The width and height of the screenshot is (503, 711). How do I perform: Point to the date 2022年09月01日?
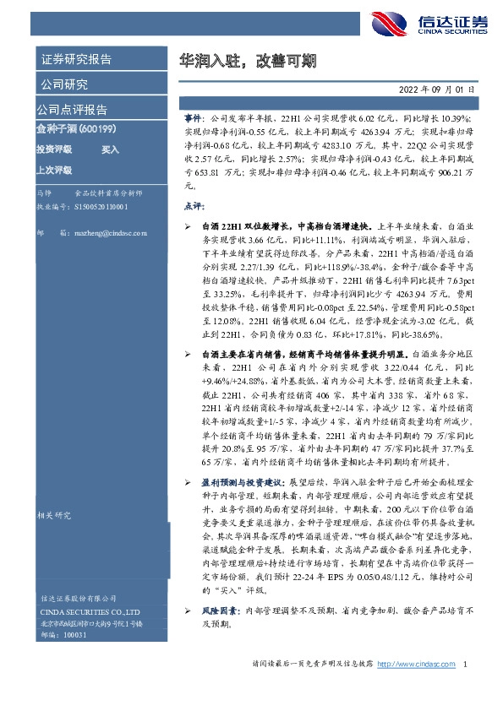[437, 89]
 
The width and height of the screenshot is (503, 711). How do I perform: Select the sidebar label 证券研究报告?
[76, 60]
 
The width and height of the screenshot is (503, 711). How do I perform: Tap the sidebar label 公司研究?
[64, 84]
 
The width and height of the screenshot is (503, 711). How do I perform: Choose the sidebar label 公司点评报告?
[72, 110]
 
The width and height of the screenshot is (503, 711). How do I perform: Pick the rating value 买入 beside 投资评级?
[111, 149]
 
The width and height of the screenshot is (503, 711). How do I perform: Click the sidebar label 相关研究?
[56, 516]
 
